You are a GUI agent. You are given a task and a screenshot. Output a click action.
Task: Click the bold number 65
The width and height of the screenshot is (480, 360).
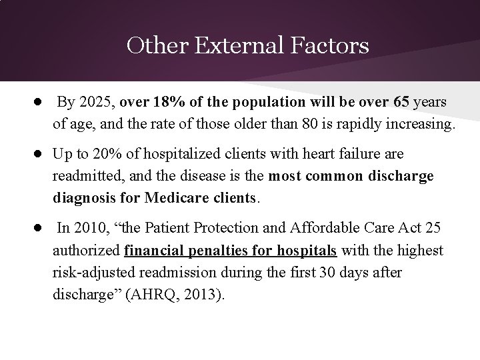click(x=402, y=103)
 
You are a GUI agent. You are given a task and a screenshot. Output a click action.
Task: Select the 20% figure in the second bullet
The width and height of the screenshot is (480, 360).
click(x=107, y=155)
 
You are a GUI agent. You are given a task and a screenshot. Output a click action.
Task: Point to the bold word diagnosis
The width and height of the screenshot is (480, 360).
click(x=86, y=199)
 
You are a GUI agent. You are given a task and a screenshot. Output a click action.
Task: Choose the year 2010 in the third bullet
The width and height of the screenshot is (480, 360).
click(x=91, y=229)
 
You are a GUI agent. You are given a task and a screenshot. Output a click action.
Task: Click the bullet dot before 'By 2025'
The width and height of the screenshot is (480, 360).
click(x=39, y=103)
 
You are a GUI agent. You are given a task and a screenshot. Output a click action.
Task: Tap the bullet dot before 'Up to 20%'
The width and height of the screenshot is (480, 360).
click(x=39, y=155)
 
